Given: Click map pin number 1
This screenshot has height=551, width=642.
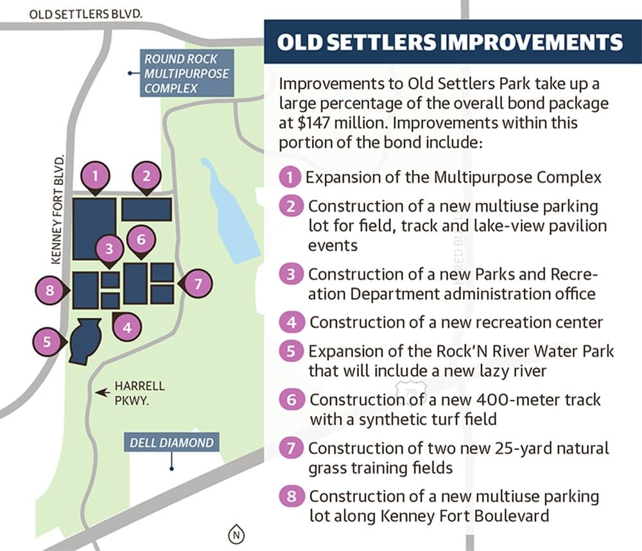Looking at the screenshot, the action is (x=96, y=177).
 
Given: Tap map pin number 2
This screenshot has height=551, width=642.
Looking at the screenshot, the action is (x=146, y=177).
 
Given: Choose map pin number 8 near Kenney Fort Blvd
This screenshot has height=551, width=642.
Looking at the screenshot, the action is (x=51, y=290).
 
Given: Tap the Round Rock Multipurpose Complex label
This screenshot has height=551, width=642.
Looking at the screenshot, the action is (x=187, y=73).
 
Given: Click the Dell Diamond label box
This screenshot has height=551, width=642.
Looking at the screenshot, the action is (x=171, y=442).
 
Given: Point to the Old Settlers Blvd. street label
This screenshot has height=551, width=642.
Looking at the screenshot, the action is (x=86, y=14).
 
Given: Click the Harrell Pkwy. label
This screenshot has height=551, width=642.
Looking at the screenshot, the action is (x=139, y=393).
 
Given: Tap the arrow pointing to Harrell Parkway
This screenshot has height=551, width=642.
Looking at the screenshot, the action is (x=103, y=392).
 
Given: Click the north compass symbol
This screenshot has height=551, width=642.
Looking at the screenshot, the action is (x=236, y=534).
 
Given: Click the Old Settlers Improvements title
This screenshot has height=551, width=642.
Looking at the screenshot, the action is (x=449, y=42).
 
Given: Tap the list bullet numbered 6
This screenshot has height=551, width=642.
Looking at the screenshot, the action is (x=291, y=399).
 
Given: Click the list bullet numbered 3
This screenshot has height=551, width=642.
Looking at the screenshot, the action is (x=291, y=274).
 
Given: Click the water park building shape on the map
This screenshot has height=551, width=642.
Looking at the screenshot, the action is (x=85, y=341).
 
